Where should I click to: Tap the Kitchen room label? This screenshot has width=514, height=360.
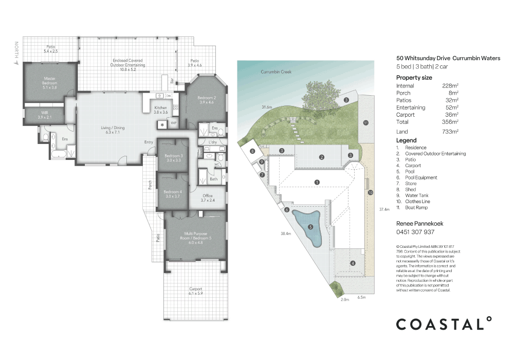[x=161, y=110]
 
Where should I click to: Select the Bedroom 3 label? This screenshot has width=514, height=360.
[x=173, y=158]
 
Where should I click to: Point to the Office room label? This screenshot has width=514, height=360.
[x=207, y=197]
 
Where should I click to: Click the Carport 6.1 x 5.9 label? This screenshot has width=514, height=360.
[x=195, y=291]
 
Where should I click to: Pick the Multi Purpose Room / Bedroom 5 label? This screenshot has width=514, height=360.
[x=194, y=236]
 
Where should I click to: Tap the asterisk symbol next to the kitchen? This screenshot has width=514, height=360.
[x=162, y=124]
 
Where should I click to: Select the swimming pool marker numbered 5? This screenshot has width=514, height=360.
[x=310, y=227]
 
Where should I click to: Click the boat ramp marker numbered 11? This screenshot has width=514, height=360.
[x=365, y=122]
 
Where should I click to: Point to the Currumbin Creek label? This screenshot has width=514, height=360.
[x=276, y=72]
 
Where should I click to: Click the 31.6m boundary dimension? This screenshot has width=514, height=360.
[x=266, y=107]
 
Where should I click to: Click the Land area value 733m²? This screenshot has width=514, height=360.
[x=450, y=132]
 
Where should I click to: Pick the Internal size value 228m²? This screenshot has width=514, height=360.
[x=450, y=86]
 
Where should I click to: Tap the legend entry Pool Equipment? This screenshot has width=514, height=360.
[x=421, y=177]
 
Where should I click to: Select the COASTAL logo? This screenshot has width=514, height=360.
[x=443, y=324]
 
